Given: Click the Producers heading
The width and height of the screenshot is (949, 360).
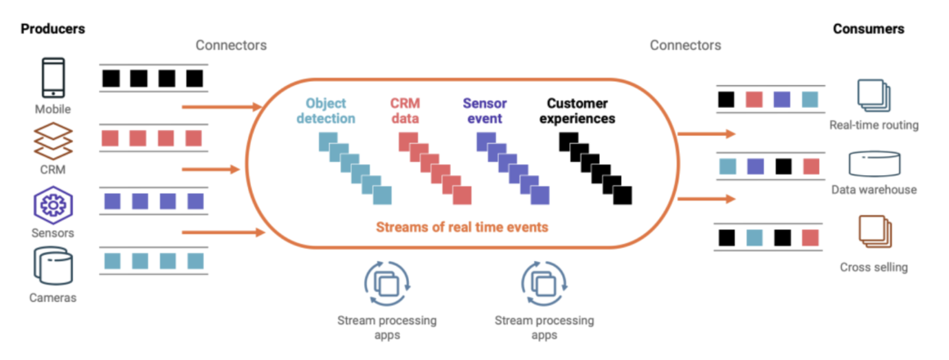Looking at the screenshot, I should pos(53,29).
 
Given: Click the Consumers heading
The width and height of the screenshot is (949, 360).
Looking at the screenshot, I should pos(868,29).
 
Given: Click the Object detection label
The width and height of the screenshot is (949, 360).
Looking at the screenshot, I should pos(331,111).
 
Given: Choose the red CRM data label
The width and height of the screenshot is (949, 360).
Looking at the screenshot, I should pos(405,111).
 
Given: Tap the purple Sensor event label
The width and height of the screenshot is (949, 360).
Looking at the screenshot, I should pos(483,111).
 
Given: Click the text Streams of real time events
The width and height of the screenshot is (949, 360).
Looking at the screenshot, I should pos(462,227).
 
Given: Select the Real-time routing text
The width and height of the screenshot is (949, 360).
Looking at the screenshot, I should pos(874,125).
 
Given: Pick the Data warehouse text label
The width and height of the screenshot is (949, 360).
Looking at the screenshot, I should pos(874,190).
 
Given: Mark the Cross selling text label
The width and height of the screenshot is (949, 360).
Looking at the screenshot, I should pos(874,268).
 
